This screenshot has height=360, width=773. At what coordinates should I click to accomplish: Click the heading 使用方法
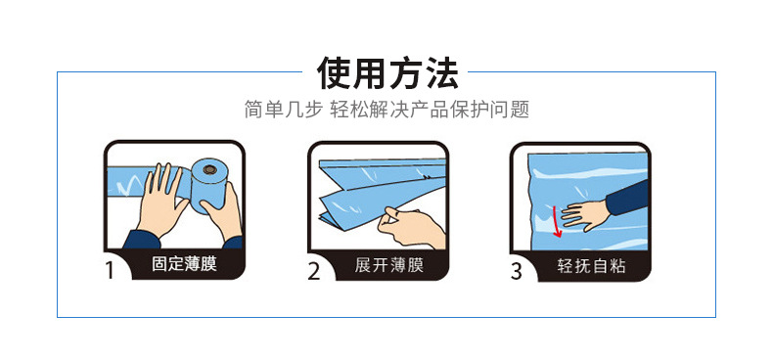386,72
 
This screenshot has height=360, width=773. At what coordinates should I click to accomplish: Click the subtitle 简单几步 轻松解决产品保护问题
386,109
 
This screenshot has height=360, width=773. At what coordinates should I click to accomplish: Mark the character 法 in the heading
439,72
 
